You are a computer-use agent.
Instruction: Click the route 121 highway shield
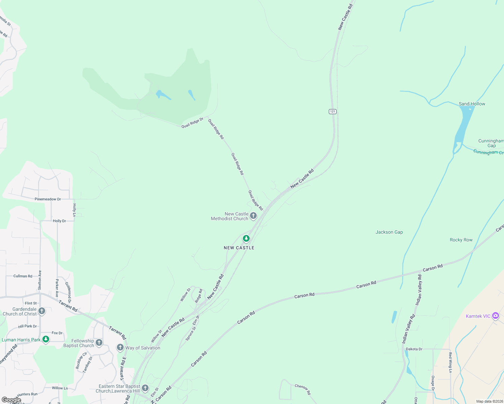[x=333, y=111]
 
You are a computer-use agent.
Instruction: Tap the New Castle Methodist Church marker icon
[x=253, y=215]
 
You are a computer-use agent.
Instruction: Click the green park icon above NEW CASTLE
[x=246, y=239]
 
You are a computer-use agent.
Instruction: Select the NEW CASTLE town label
[x=239, y=248]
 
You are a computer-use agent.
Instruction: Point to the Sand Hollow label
[x=472, y=104]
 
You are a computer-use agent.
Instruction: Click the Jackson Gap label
[x=389, y=232]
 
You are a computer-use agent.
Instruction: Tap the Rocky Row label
[x=461, y=240]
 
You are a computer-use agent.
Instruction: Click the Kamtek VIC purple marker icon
[x=495, y=316]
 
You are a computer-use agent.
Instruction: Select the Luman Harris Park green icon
[x=46, y=339]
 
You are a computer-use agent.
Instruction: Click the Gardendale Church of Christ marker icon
[x=42, y=311]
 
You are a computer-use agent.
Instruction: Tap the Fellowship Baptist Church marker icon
[x=99, y=342]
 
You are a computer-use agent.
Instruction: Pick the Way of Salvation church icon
[x=120, y=347]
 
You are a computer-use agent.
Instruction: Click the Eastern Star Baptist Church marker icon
[x=145, y=388]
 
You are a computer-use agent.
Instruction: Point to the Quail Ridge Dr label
[x=192, y=123]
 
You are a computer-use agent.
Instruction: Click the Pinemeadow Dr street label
[x=48, y=199]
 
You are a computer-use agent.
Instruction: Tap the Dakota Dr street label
[x=414, y=349]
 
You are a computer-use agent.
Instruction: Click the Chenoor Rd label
[x=303, y=390]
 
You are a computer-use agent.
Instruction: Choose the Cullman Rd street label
[x=23, y=276]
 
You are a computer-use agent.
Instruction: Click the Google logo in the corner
[x=11, y=400]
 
